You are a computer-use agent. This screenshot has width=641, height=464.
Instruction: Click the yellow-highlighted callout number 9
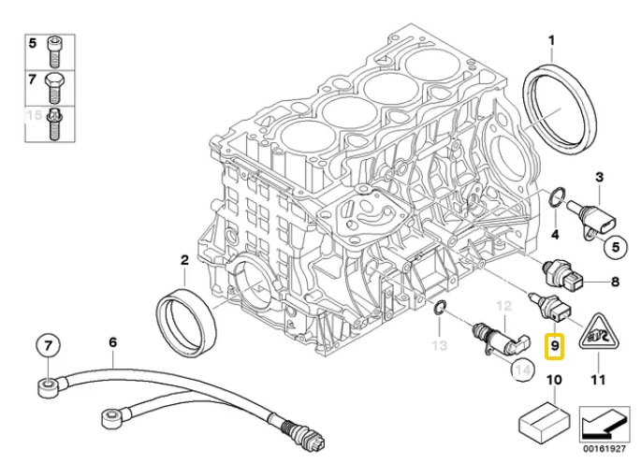coord(555,347)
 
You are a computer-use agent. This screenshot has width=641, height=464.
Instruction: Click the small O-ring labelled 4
coord(556,196)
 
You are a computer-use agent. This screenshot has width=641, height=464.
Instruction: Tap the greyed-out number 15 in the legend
coord(33,117)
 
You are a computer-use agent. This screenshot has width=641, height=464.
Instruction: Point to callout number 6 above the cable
coord(112,343)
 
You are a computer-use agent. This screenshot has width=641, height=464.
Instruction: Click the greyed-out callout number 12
coord(504,306)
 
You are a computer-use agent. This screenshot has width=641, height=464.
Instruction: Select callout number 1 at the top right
coord(551,41)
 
